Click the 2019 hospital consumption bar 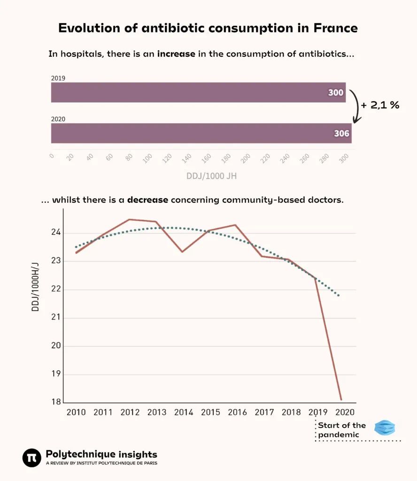197,93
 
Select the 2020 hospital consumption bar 197,133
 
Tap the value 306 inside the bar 341,133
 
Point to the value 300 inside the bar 336,93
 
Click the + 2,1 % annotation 380,105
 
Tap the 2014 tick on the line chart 184,412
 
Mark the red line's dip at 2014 182,252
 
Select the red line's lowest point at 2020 341,400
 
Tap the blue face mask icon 385,428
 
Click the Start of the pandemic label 341,430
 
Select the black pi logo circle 32,458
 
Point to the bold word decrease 147,200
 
